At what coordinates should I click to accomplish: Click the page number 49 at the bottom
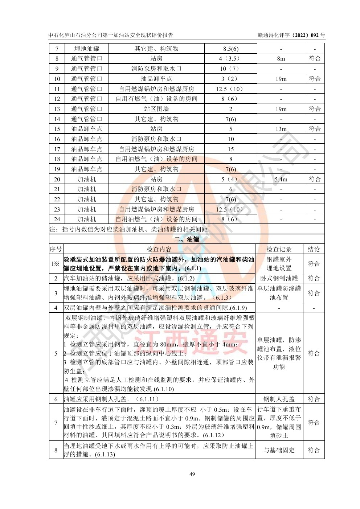pos(192,474)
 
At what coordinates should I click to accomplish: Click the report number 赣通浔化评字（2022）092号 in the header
pos(291,35)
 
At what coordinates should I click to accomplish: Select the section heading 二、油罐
pos(187,239)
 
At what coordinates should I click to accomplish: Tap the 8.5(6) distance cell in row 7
pos(231,49)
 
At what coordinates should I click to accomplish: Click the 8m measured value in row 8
pos(281,58)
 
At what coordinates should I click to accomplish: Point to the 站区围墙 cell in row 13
pos(156,109)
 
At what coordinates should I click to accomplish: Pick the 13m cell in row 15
pos(281,129)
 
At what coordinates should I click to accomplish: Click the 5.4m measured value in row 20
pos(281,179)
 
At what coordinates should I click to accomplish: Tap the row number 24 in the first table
pos(57,219)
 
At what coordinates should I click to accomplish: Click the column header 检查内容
pos(159,249)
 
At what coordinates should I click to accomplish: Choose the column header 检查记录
pos(279,249)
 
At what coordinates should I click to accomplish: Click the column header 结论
pos(314,249)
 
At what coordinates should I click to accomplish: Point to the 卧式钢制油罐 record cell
pos(279,278)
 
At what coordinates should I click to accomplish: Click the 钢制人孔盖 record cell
pos(279,399)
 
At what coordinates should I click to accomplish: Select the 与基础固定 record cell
pos(279,450)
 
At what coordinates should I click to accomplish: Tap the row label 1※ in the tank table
pos(56,264)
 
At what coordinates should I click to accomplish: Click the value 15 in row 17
pos(231,149)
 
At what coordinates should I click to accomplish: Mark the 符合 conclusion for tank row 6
pos(314,399)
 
